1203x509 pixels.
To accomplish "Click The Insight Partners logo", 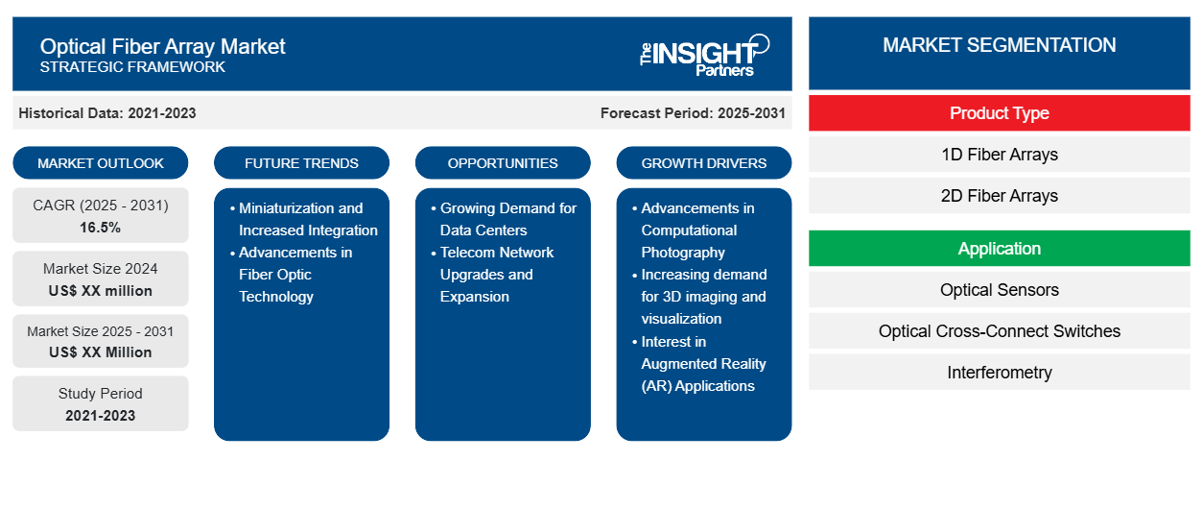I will pyautogui.click(x=704, y=54).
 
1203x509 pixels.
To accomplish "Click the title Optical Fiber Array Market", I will pyautogui.click(x=162, y=45).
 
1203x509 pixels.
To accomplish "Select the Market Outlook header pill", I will pyautogui.click(x=101, y=163).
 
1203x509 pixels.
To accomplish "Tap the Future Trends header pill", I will pyautogui.click(x=301, y=163).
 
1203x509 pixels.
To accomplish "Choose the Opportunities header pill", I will pyautogui.click(x=503, y=163).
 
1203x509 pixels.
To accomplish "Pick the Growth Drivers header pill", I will pyautogui.click(x=704, y=163).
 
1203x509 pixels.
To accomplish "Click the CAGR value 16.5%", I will pyautogui.click(x=101, y=228).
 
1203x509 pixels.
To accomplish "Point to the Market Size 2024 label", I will pyautogui.click(x=101, y=269).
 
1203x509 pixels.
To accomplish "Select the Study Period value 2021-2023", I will pyautogui.click(x=101, y=416).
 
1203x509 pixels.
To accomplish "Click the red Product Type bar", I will pyautogui.click(x=999, y=113).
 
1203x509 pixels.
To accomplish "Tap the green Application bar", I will pyautogui.click(x=999, y=249).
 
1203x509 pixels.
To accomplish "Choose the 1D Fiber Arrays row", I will pyautogui.click(x=999, y=155).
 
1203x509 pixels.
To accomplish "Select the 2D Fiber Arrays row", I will pyautogui.click(x=999, y=196).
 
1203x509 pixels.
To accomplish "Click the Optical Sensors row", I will pyautogui.click(x=999, y=290).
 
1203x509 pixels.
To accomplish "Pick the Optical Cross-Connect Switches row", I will pyautogui.click(x=999, y=331).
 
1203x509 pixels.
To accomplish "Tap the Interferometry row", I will pyautogui.click(x=999, y=373).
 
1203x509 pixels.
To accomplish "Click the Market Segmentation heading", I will pyautogui.click(x=999, y=45).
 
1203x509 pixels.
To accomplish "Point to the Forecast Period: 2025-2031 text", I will pyautogui.click(x=693, y=113).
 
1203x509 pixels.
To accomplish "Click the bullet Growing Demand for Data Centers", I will pyautogui.click(x=507, y=219).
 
